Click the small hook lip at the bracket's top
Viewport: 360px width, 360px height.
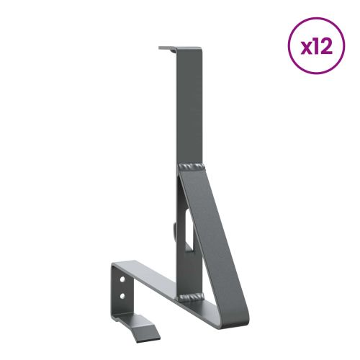coord(166,49)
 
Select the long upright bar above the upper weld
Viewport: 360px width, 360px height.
coord(188,108)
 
